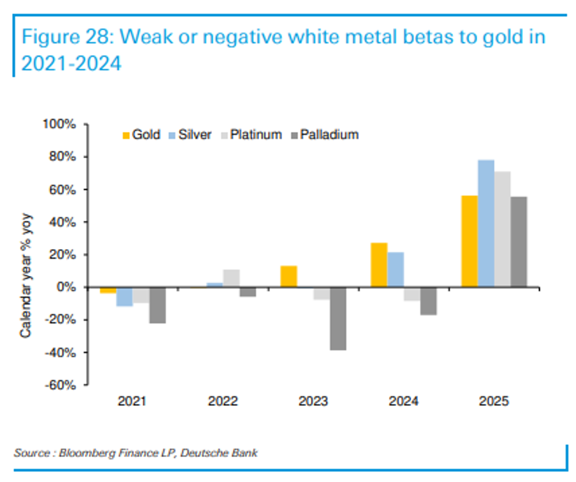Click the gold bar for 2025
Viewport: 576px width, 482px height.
[469, 241]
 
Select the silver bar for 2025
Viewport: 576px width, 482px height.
[486, 223]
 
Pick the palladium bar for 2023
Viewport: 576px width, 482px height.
[338, 319]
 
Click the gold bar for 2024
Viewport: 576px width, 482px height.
[379, 265]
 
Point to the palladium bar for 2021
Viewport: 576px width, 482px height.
[158, 305]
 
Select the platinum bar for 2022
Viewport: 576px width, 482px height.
[232, 278]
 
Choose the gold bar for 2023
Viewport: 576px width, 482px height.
[289, 277]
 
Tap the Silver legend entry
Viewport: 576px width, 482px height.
[191, 135]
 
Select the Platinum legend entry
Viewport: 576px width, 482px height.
[252, 135]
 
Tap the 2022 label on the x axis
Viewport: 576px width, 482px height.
[223, 402]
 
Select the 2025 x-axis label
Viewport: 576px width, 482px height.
[494, 402]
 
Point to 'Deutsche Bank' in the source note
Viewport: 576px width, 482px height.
[219, 453]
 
